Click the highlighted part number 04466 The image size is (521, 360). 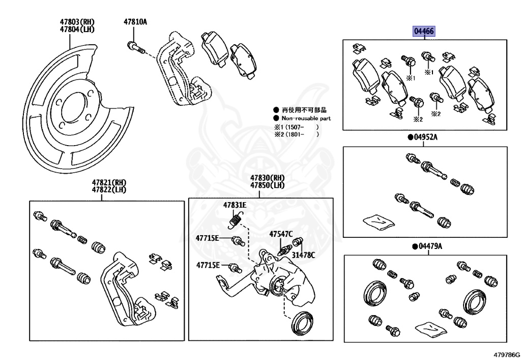click(424, 32)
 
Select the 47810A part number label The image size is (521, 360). click(135, 22)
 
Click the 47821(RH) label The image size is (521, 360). click(108, 182)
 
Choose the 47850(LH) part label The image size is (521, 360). click(267, 185)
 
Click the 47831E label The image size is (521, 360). click(235, 205)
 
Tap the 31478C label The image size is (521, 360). click(303, 255)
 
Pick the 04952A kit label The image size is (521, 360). click(425, 137)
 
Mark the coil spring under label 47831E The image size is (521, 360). click(234, 220)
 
